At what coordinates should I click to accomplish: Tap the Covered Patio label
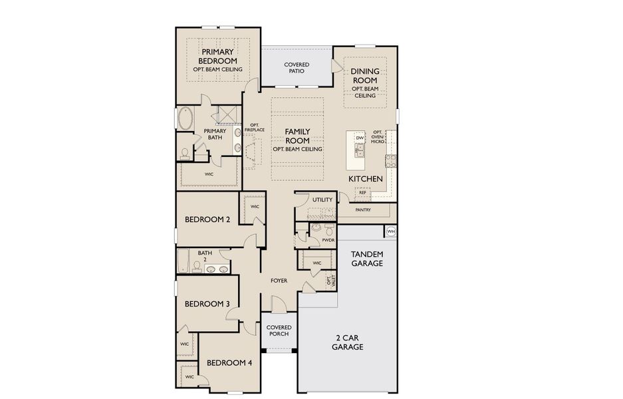click(297, 67)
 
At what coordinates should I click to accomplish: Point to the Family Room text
click(297, 136)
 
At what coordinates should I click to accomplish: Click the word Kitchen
click(366, 179)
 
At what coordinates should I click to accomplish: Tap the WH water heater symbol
click(391, 231)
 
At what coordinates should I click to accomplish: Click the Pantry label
click(362, 210)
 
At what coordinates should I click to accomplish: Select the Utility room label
click(322, 199)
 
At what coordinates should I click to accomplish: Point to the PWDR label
click(328, 239)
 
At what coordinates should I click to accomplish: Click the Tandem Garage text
click(366, 258)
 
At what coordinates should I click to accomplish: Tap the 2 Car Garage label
click(348, 342)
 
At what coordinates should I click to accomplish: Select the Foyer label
click(279, 281)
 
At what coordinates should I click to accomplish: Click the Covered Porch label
click(278, 331)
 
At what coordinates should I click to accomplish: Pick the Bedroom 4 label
click(229, 363)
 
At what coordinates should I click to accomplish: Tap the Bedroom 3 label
click(207, 304)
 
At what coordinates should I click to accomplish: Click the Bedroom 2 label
click(207, 219)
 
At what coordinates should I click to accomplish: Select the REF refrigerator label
click(363, 192)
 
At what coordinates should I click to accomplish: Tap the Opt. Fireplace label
click(254, 128)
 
